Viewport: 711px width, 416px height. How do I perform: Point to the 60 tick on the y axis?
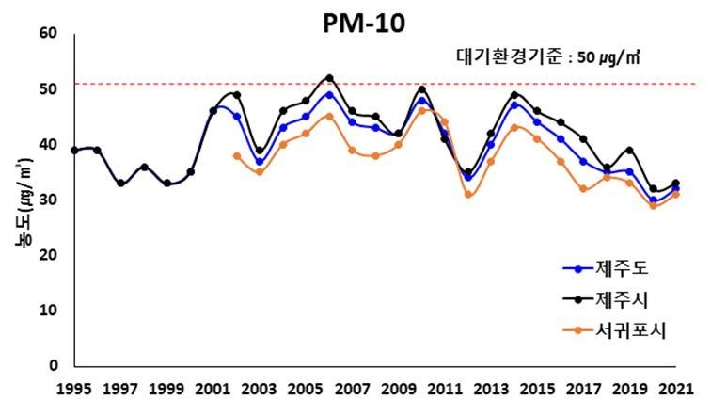48,34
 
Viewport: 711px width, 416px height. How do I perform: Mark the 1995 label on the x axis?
74,388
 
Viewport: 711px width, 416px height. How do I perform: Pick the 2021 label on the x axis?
675,388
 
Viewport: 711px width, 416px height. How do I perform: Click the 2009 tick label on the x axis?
398,388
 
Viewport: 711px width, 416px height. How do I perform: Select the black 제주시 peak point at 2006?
329,78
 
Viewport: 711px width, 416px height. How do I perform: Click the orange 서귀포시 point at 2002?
236,155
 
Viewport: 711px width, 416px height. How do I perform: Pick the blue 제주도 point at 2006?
329,94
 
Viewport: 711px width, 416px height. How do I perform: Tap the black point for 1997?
120,184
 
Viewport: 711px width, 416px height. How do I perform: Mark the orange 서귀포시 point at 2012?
467,194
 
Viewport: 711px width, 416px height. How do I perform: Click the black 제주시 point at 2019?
629,150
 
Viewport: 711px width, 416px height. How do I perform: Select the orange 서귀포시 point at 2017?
583,188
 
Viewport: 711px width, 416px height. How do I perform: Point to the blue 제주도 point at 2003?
260,162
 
